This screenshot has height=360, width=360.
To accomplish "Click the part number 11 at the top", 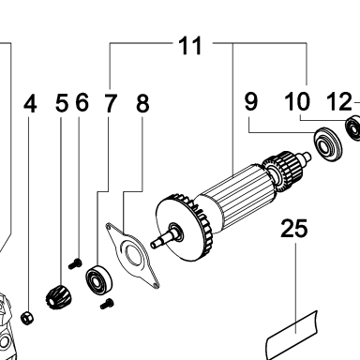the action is point(190,46).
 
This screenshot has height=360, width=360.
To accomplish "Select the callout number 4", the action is point(30,104).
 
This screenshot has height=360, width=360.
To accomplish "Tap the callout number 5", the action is point(62,103).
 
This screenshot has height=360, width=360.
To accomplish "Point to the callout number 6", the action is point(82,102).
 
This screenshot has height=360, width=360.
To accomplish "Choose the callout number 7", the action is point(110,103).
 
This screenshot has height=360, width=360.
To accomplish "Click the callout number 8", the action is point(142,103).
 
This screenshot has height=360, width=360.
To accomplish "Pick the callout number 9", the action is point(251,101).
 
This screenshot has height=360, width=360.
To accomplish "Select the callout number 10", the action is point(297,101).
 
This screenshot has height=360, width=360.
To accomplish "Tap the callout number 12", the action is point(339,101).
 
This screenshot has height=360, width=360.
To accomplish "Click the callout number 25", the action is point(293,229).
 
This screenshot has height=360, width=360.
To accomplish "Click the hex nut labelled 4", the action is point(27,318).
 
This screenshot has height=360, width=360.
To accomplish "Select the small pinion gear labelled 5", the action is point(58,298).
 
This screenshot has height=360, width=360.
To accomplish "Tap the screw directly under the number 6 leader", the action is point(75,264).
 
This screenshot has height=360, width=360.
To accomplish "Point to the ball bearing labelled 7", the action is point(98,280).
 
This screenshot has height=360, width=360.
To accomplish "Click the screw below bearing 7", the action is point(107,304).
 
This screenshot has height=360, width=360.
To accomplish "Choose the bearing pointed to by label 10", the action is point(353,127).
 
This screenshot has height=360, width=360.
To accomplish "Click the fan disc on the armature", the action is point(176,231).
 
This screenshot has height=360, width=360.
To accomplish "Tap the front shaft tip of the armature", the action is point(154,244).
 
